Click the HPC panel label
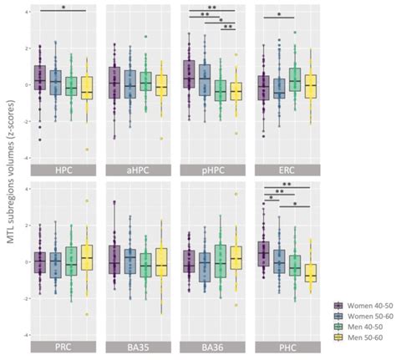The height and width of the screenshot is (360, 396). click(x=63, y=170)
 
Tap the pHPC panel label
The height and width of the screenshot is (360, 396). click(x=212, y=170)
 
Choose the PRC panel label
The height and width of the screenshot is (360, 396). click(x=63, y=345)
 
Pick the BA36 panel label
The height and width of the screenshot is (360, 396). click(x=212, y=345)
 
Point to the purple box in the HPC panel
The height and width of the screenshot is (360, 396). click(x=39, y=78)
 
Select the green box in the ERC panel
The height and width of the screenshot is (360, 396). click(x=295, y=79)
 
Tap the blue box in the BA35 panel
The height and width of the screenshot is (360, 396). click(x=130, y=261)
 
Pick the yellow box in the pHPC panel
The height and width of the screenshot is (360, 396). click(x=236, y=90)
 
